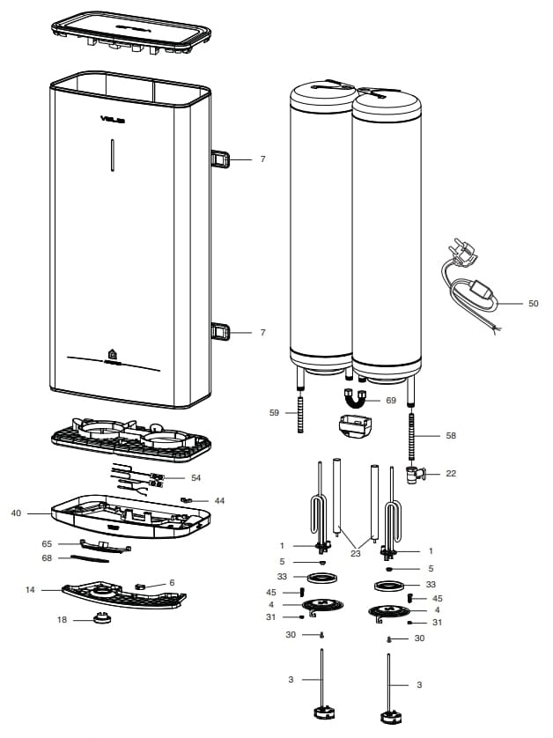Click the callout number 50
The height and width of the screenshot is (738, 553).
pyautogui.click(x=534, y=303)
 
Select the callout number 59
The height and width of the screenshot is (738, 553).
pyautogui.click(x=274, y=412)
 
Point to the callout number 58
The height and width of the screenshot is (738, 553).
pyautogui.click(x=452, y=435)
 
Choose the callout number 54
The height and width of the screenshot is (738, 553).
pyautogui.click(x=195, y=477)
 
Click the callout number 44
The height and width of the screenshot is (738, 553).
pyautogui.click(x=219, y=500)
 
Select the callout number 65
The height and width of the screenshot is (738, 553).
pyautogui.click(x=48, y=543)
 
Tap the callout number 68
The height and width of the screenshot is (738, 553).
pyautogui.click(x=48, y=558)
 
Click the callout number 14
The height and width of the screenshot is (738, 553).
pyautogui.click(x=30, y=589)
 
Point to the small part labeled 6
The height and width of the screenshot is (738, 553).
pyautogui.click(x=139, y=586)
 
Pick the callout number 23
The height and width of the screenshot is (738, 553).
pyautogui.click(x=355, y=553)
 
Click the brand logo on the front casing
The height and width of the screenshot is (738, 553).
pyautogui.click(x=112, y=119)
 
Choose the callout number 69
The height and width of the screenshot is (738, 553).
pyautogui.click(x=391, y=400)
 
